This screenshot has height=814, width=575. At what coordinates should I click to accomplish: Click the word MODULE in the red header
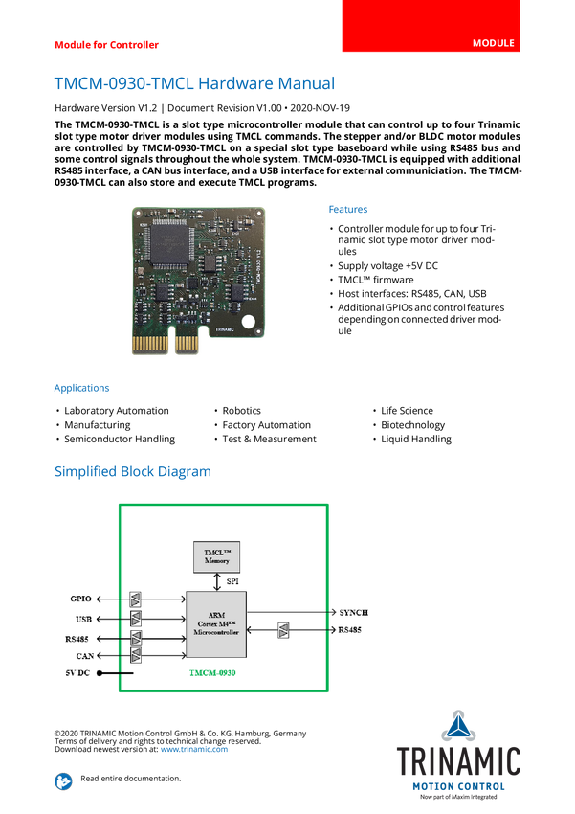pos(494,43)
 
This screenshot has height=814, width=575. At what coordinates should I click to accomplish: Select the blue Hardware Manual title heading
pos(195,83)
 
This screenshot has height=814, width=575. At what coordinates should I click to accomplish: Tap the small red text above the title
pos(105,44)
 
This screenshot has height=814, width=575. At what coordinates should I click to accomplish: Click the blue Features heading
pos(349,209)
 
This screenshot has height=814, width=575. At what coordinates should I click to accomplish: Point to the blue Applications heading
pos(81,388)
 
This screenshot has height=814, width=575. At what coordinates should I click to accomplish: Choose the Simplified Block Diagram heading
pos(132,472)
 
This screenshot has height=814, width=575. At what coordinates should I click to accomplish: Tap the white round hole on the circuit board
pos(247,323)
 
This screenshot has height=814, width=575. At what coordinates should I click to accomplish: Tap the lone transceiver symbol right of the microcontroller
pos(282,630)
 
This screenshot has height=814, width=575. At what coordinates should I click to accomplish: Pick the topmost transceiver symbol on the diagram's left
pos(136,599)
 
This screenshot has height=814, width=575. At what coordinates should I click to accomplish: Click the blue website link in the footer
pos(194,748)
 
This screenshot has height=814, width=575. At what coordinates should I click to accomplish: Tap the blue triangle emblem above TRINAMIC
pos(459,725)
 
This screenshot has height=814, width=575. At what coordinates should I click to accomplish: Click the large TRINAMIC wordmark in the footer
pos(459,761)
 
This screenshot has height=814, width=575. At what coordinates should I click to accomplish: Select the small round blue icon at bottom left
pos(63,780)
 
